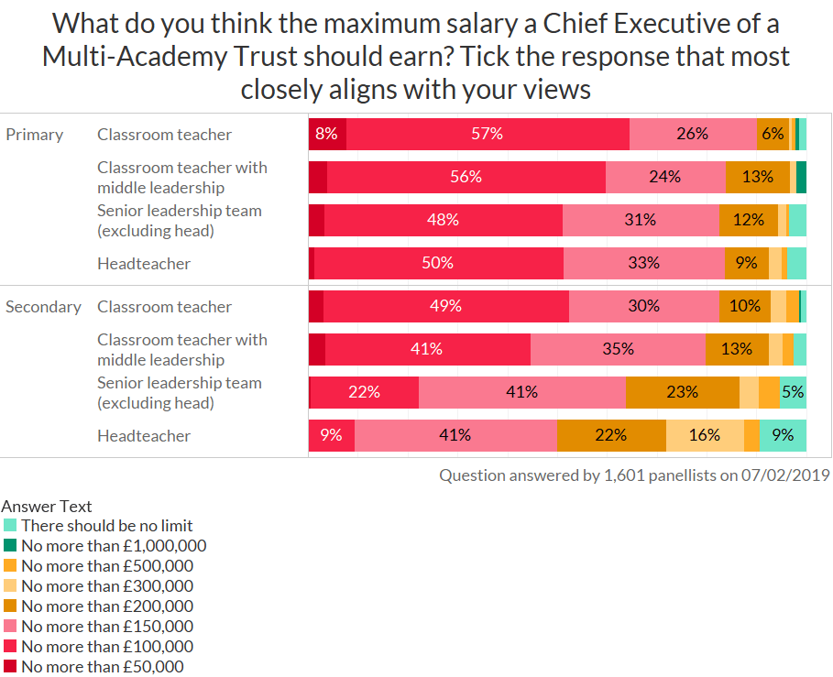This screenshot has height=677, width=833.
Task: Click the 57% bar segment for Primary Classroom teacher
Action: tap(488, 134)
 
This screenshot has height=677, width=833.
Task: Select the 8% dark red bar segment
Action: tap(326, 134)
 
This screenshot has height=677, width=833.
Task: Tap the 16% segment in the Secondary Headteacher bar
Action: tap(704, 435)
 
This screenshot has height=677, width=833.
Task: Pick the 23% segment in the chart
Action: tap(682, 392)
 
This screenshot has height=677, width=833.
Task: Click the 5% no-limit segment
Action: tap(793, 392)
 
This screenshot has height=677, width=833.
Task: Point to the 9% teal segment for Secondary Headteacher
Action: tap(783, 435)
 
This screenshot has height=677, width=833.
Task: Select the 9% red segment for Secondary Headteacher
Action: tap(331, 435)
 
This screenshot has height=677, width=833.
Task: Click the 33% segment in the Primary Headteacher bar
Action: tap(643, 263)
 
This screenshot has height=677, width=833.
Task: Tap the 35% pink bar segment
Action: tap(618, 349)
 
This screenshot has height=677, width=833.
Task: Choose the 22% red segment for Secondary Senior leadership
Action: tap(364, 392)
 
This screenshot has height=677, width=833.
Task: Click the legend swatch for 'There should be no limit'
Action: tap(10, 526)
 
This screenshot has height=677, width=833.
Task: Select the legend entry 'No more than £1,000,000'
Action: tap(114, 546)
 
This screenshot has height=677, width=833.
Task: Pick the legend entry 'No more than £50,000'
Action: tap(102, 667)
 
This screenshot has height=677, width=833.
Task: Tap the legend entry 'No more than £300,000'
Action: tap(107, 586)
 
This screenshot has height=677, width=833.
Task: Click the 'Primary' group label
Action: tap(34, 135)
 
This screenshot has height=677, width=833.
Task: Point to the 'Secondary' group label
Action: tap(43, 307)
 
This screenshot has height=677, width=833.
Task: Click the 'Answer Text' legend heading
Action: tap(47, 506)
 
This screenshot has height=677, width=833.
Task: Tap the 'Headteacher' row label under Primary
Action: tap(144, 264)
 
